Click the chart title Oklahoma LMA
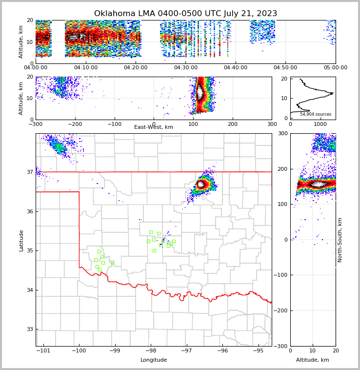click(x=185, y=14)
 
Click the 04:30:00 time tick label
click(x=186, y=68)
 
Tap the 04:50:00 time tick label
click(x=285, y=68)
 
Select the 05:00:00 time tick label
click(x=335, y=68)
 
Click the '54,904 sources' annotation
click(x=315, y=114)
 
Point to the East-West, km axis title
click(x=154, y=127)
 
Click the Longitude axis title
click(x=154, y=360)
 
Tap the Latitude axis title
click(x=21, y=240)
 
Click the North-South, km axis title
click(x=340, y=240)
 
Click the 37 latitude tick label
click(x=29, y=172)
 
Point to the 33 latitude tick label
click(x=29, y=329)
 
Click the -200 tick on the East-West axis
click(x=75, y=124)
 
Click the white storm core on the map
click(x=201, y=184)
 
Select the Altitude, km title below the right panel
click(x=313, y=360)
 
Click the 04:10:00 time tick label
click(x=86, y=68)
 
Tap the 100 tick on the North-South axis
click(x=282, y=204)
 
